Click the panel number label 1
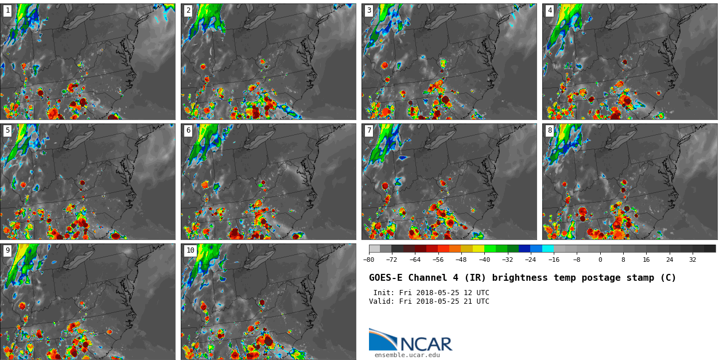coord(7,10)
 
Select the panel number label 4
coord(550,10)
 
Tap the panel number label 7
coord(369,130)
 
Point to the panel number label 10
coord(190,250)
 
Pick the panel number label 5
coord(7,130)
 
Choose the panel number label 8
coord(550,130)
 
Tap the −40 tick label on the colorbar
coord(484,260)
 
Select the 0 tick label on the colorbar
coord(600,260)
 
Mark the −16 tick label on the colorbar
coord(554,260)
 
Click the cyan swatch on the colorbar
coord(548,249)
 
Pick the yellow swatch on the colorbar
coord(479,249)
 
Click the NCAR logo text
coord(426,344)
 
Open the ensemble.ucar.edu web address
coord(407,355)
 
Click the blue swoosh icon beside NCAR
coord(382,340)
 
